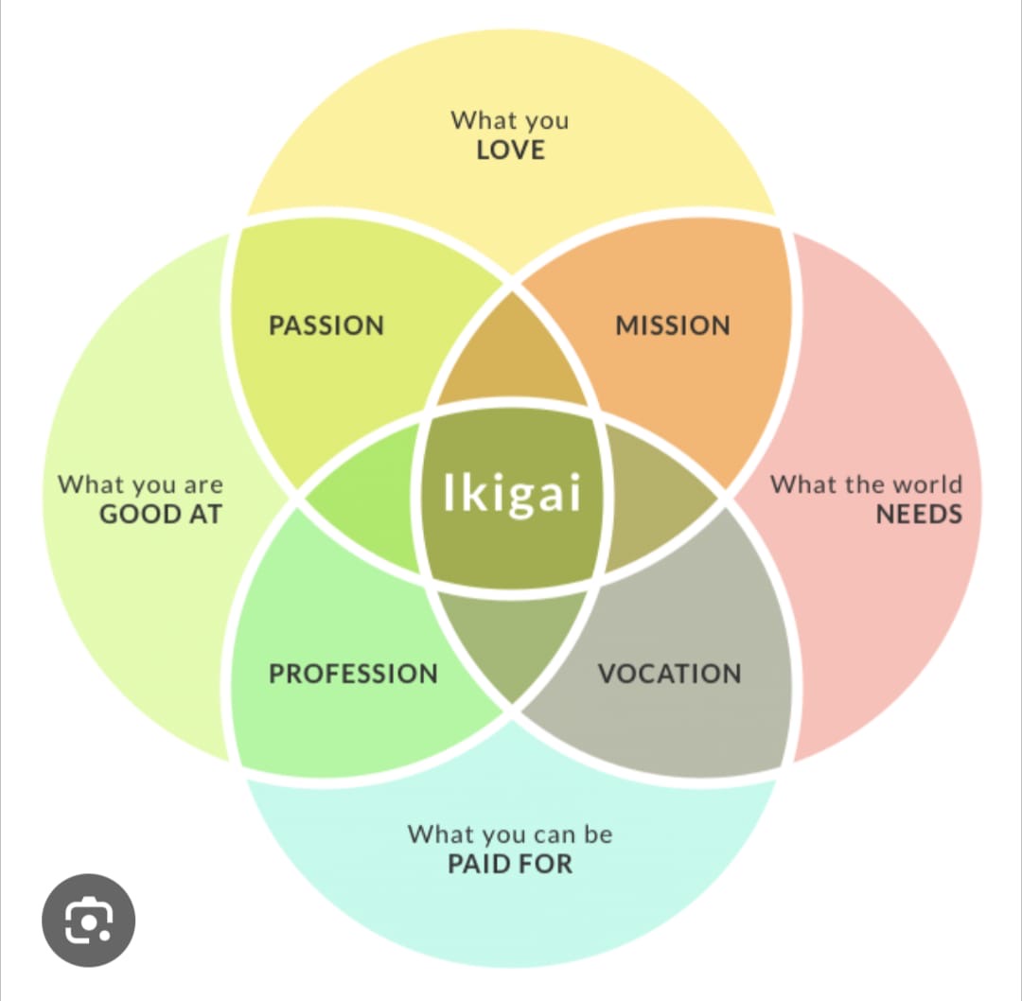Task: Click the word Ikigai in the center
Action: click(511, 493)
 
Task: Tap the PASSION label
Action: click(326, 325)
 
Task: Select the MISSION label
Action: click(673, 325)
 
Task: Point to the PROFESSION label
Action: click(353, 674)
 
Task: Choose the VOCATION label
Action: click(669, 674)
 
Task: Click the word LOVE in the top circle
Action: click(511, 149)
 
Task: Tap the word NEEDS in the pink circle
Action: click(918, 515)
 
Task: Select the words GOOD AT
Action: click(160, 515)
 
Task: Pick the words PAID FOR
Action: click(510, 864)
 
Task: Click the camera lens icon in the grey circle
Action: click(89, 919)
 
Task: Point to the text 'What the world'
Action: click(866, 484)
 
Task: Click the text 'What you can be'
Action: click(510, 834)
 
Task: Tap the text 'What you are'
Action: click(141, 484)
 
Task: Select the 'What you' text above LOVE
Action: click(510, 121)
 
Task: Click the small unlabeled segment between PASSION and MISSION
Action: click(512, 355)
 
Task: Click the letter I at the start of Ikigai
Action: click(449, 492)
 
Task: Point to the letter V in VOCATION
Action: click(608, 674)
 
